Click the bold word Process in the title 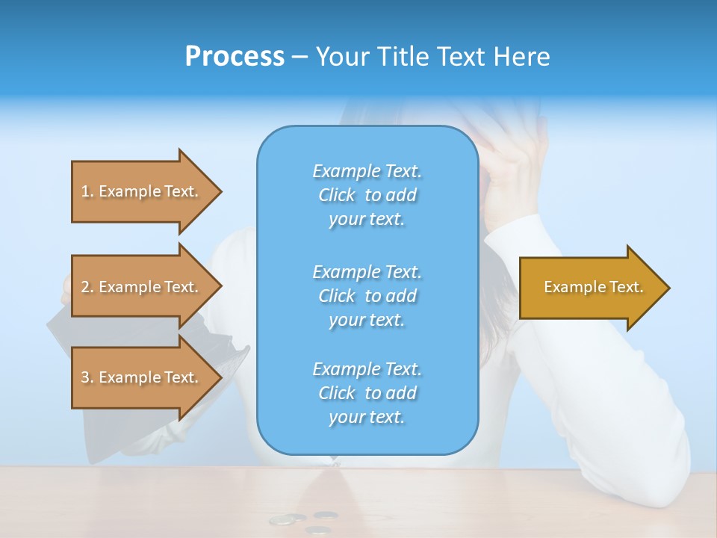(235, 57)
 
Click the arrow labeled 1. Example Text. (142, 191)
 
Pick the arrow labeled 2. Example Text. (142, 287)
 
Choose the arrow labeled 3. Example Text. (142, 377)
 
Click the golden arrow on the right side (590, 288)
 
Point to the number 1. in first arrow (87, 191)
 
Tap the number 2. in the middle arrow (87, 287)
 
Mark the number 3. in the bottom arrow (87, 377)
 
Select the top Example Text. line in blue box (367, 172)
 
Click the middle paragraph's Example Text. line (367, 272)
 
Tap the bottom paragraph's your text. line (367, 418)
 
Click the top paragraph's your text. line (367, 220)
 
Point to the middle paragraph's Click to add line (367, 296)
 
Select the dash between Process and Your (299, 58)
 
